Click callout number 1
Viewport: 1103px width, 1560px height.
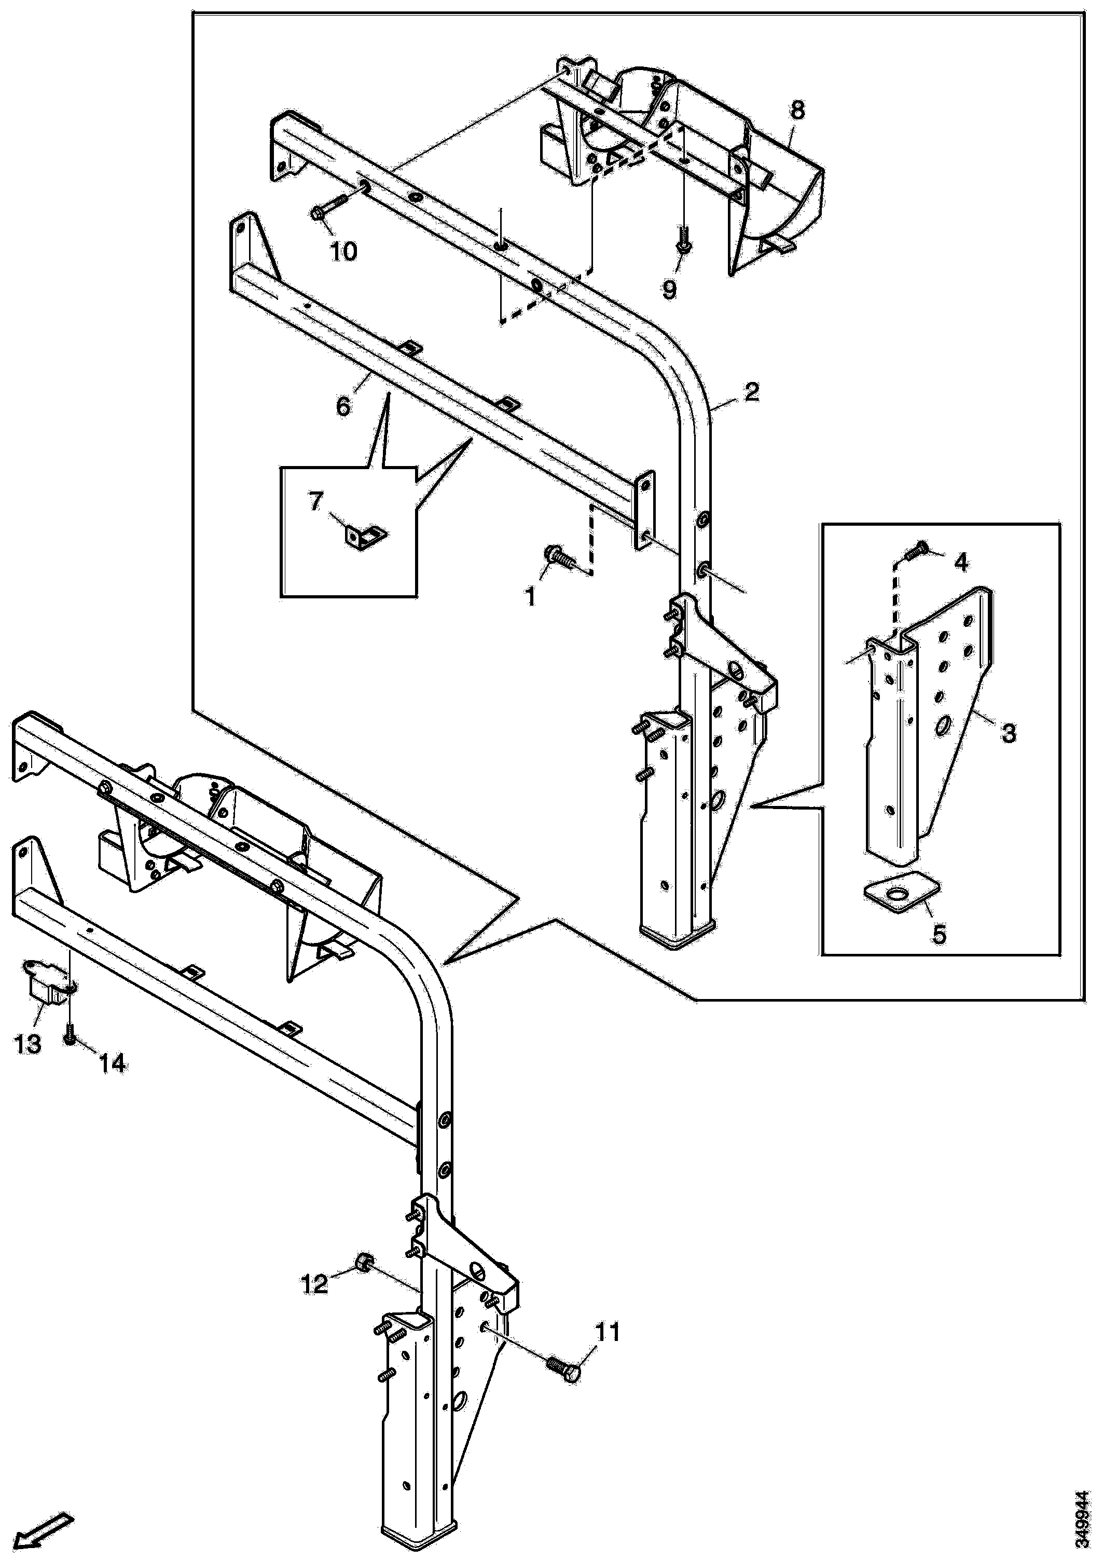coord(530,597)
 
